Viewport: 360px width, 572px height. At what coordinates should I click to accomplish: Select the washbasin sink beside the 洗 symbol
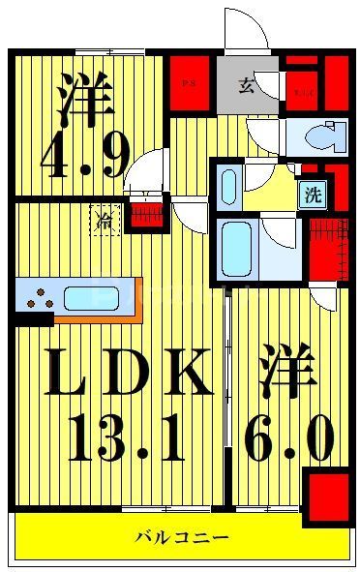pyautogui.click(x=227, y=184)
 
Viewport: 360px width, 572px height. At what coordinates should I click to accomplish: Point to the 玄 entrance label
pyautogui.click(x=246, y=85)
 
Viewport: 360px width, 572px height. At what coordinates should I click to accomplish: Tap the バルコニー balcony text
pyautogui.click(x=182, y=537)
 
